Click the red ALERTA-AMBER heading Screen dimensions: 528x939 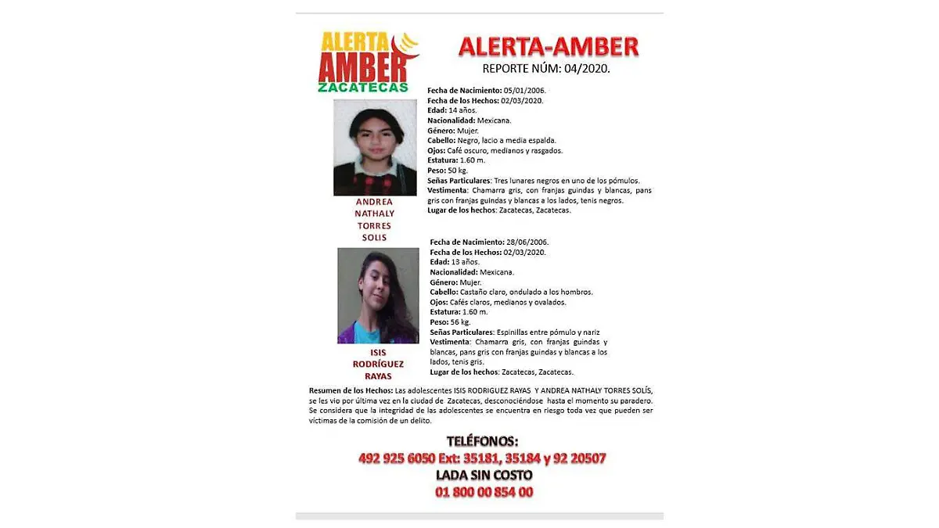point(548,47)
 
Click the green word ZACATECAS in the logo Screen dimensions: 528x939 point(363,88)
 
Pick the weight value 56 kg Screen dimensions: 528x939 point(459,322)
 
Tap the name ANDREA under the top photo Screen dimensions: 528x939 point(374,202)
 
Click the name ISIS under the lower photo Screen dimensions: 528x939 point(377,353)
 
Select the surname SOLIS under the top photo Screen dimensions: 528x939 point(374,238)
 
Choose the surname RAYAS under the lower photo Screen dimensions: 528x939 point(377,377)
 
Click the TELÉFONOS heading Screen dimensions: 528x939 point(481,441)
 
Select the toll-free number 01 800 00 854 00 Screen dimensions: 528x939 point(483,492)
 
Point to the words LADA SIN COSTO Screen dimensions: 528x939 point(483,475)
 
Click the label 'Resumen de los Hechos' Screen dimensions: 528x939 point(350,391)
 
